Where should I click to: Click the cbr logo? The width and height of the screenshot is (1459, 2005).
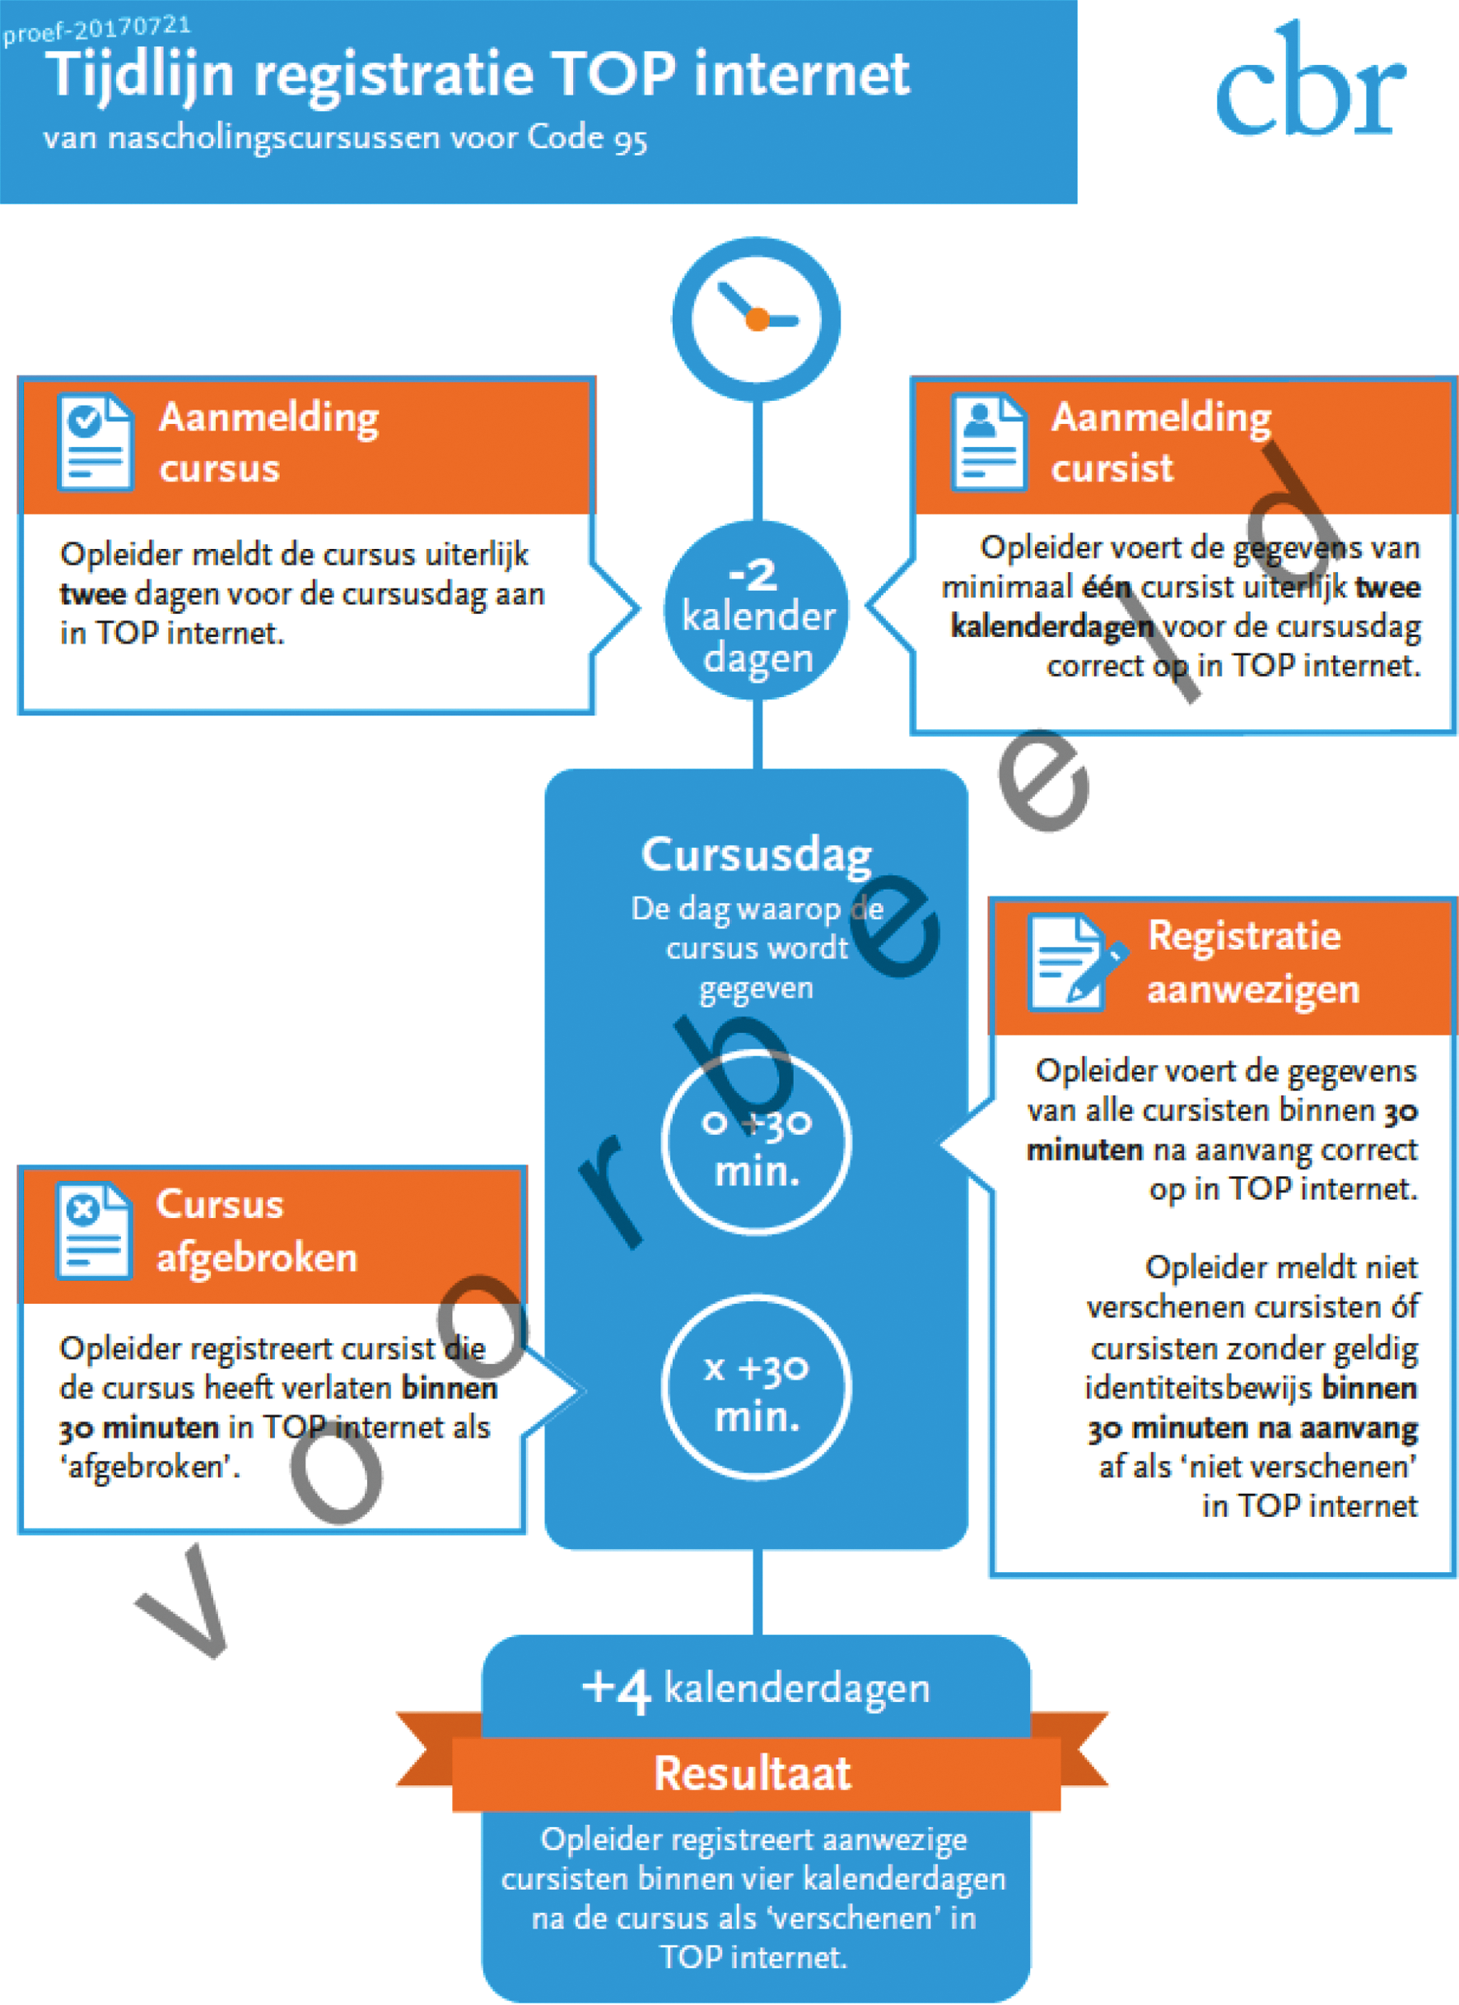coord(1311,84)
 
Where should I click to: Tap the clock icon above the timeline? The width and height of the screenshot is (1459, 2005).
coord(756,319)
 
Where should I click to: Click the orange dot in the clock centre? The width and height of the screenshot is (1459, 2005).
coord(757,319)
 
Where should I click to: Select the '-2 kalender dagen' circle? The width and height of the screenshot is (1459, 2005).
coord(756,611)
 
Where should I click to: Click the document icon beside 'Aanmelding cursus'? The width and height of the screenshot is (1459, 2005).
coord(95,441)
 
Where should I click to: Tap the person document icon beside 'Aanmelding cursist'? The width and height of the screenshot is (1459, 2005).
coord(989,441)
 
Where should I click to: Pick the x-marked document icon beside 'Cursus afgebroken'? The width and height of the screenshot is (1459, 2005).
coord(93,1230)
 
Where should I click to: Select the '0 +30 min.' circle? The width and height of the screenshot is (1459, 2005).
coord(756,1143)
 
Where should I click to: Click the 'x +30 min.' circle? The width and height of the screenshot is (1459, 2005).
coord(756,1388)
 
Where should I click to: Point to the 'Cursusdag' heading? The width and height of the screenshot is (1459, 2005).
coord(756,855)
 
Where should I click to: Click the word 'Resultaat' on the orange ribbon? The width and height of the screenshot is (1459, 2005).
coord(753,1775)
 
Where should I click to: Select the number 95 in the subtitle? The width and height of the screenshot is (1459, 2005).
coord(630,140)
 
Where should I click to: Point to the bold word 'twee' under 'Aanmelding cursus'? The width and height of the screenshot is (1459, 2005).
coord(93,594)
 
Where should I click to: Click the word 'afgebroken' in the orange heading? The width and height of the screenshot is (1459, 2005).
coord(256,1258)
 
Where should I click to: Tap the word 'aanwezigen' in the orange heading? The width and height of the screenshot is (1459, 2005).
coord(1252,989)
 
